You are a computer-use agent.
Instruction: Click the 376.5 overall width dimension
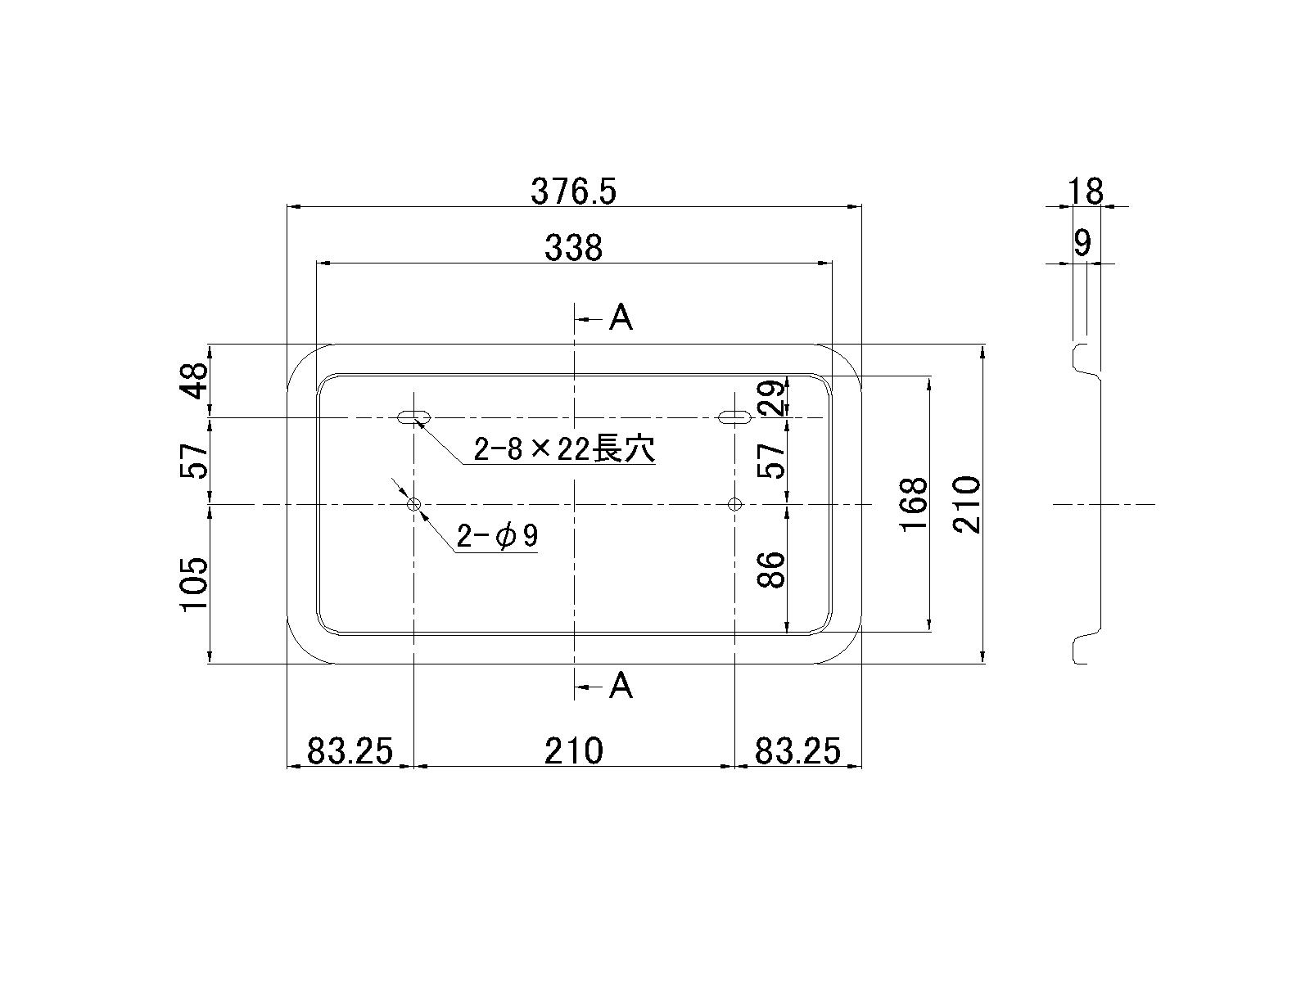pyautogui.click(x=573, y=191)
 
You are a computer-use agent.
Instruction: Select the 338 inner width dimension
pyautogui.click(x=573, y=247)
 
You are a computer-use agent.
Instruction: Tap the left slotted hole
pyautogui.click(x=415, y=417)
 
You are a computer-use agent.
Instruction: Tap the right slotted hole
pyautogui.click(x=734, y=417)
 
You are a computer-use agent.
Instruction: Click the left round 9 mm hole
pyautogui.click(x=415, y=505)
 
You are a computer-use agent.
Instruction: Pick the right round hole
pyautogui.click(x=734, y=504)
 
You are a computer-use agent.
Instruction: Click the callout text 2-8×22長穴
pyautogui.click(x=565, y=449)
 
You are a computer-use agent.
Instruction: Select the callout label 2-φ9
pyautogui.click(x=497, y=537)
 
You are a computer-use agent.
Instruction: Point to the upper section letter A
pyautogui.click(x=621, y=318)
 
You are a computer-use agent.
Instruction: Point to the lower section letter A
pyautogui.click(x=621, y=686)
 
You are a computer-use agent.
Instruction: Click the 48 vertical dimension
pyautogui.click(x=195, y=381)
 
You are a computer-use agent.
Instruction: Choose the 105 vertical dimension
pyautogui.click(x=195, y=583)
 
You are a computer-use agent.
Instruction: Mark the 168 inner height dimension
pyautogui.click(x=914, y=504)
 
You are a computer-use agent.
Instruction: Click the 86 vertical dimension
pyautogui.click(x=772, y=570)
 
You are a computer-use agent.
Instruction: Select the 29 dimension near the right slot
pyautogui.click(x=772, y=397)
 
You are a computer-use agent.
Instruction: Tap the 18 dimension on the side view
pyautogui.click(x=1086, y=191)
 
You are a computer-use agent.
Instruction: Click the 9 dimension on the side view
pyautogui.click(x=1082, y=242)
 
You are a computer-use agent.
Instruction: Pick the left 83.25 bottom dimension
pyautogui.click(x=350, y=750)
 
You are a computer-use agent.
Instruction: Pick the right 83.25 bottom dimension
pyautogui.click(x=797, y=750)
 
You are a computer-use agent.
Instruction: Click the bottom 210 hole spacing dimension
pyautogui.click(x=573, y=750)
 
